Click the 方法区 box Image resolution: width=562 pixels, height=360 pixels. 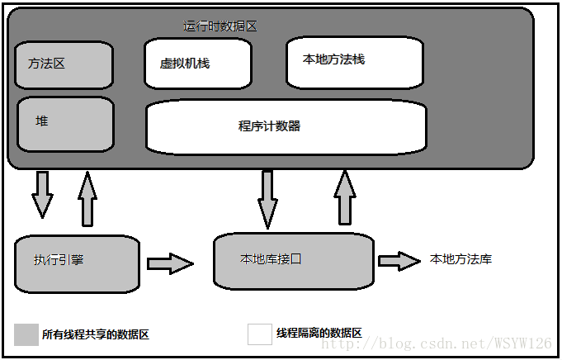coord(64,65)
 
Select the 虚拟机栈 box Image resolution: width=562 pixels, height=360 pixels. coord(197,63)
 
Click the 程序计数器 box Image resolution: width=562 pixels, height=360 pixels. coord(286,126)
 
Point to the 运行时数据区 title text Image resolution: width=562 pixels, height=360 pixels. coord(220,26)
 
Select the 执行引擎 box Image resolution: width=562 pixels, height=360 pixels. coord(77,263)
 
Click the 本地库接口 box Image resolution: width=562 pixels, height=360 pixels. coord(293,260)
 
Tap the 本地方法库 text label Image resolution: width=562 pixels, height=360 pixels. coord(460,259)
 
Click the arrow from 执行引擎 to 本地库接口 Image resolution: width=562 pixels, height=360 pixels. coord(170,264)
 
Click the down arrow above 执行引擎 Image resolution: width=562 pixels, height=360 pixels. coord(42,194)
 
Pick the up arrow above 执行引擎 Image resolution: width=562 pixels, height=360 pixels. coord(87,198)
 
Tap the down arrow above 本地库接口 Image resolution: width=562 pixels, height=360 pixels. coord(267,199)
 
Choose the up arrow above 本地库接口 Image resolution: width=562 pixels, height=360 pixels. coord(345,198)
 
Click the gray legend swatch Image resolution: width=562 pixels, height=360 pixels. coord(26,334)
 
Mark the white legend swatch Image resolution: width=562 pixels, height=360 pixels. coord(259,334)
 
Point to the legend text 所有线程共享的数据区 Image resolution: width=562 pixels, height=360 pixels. coord(96,334)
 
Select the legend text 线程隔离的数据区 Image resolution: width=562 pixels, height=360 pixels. coord(319,333)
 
